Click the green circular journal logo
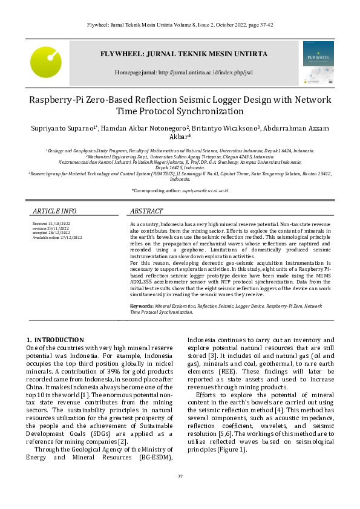pos(46,62)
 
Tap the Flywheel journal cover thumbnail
pos(318,62)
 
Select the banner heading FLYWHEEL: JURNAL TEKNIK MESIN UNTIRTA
pos(183,54)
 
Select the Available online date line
pos(57,238)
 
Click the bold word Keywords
pos(142,306)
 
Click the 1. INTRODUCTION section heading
pos(56,340)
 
